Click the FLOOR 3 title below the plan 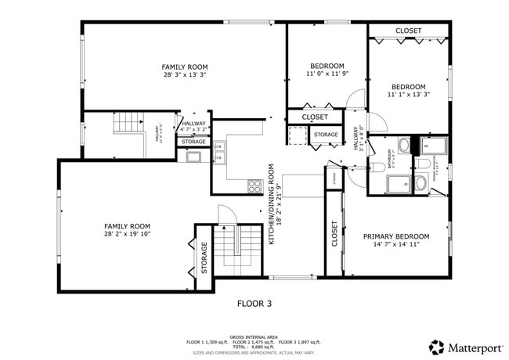coord(254,303)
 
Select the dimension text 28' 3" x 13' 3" coord(185,76)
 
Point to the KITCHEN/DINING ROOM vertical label coord(272,204)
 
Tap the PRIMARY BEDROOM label coord(396,236)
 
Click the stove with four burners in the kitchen coord(254,185)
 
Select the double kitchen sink coord(221,151)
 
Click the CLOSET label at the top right coord(408,31)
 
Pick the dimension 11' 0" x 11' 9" coord(327,74)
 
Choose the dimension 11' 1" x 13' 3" coord(408,95)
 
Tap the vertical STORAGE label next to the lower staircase coord(204,257)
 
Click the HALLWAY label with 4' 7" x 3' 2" coord(193,127)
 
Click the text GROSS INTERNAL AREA coord(254,336)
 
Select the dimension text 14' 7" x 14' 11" coord(396,245)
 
